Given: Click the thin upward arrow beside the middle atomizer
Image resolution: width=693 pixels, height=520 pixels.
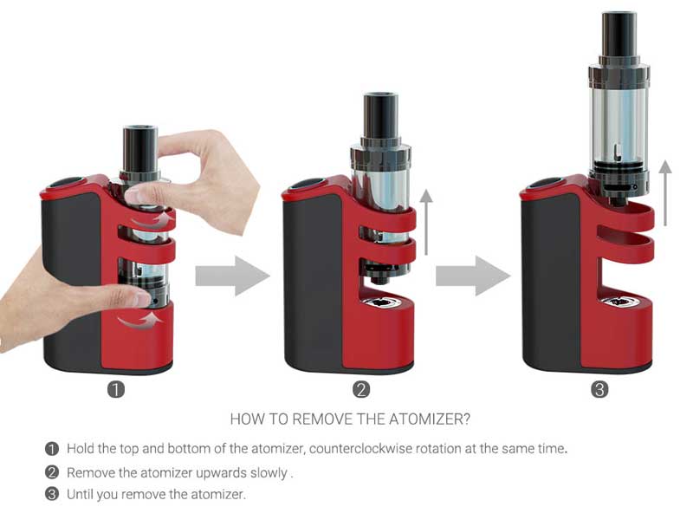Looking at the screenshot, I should point(427,222).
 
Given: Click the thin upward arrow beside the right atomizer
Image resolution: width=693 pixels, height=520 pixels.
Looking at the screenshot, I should point(665,192).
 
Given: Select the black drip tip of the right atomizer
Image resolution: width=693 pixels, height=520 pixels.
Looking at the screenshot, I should point(619,34).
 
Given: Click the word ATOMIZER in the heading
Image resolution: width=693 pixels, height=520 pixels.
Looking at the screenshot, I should point(424,419).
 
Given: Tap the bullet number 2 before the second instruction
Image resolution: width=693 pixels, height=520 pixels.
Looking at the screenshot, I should point(51,473).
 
